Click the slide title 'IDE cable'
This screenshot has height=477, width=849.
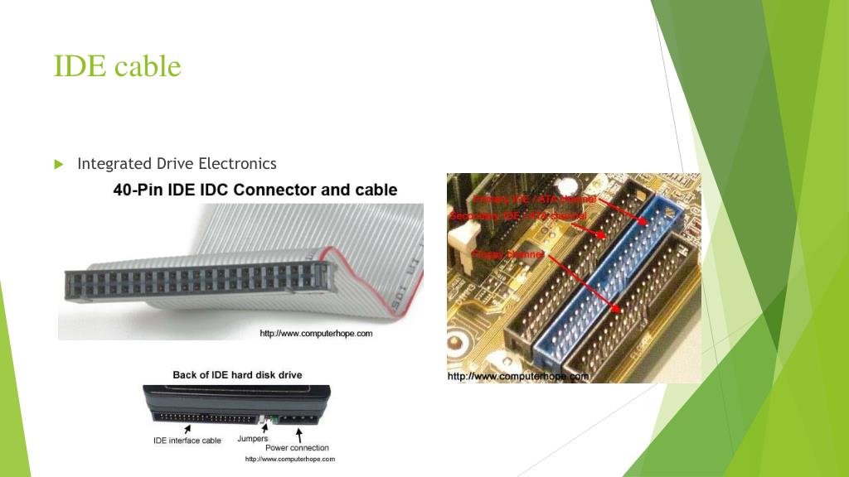click(117, 66)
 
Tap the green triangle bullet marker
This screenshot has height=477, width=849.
click(59, 164)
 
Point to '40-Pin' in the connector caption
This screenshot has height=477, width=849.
click(138, 190)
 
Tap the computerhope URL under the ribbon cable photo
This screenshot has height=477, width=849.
click(316, 334)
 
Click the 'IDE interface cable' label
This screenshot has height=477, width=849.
click(187, 441)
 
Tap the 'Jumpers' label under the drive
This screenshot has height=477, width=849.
click(252, 438)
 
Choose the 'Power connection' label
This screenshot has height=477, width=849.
click(297, 448)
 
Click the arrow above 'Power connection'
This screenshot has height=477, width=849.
click(298, 434)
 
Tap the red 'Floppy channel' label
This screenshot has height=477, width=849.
click(507, 254)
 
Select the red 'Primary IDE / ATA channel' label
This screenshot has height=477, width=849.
click(534, 200)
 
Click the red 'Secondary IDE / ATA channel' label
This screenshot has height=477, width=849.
click(517, 216)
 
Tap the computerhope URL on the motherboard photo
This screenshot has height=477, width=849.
click(517, 376)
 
